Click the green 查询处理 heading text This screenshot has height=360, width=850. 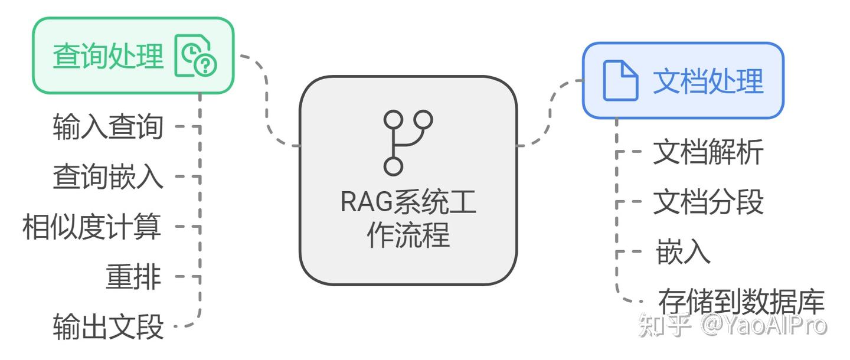point(108,56)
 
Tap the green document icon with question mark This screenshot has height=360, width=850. point(196,56)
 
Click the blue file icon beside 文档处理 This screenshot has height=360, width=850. point(620,81)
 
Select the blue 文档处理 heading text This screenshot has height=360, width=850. point(708,81)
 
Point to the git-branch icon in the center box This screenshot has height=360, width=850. point(408,142)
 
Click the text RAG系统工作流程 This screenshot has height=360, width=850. point(408,218)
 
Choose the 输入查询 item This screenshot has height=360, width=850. point(108,126)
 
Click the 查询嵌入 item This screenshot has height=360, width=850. point(108,176)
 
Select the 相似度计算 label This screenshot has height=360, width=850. point(91,227)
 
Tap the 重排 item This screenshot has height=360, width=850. point(133,276)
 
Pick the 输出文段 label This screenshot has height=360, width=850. point(108,326)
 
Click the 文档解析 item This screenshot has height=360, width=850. point(708,152)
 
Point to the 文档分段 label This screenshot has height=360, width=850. point(708,202)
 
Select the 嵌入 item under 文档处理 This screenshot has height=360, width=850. point(683,252)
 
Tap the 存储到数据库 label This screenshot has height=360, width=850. point(741,301)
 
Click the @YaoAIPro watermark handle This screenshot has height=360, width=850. point(764,325)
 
